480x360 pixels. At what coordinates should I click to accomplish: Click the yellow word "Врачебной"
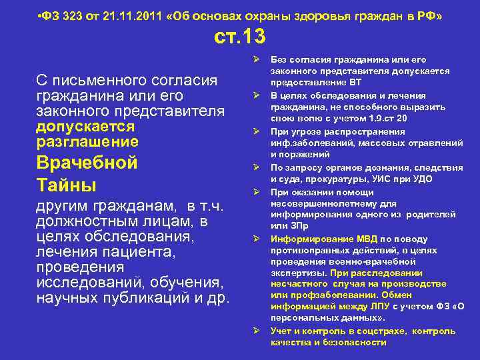click(x=87, y=163)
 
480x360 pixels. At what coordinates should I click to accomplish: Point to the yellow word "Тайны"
click(x=66, y=184)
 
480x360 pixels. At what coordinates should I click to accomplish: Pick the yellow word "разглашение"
click(x=87, y=141)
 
